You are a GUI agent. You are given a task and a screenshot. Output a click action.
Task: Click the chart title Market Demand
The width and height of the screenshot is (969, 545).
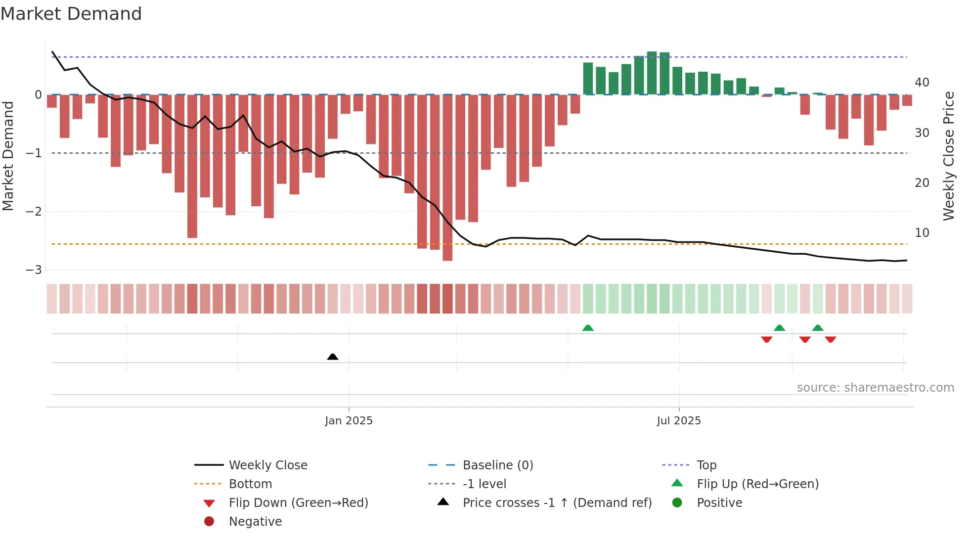(71, 14)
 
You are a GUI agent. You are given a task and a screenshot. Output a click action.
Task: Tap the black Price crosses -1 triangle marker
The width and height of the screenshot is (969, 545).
(333, 357)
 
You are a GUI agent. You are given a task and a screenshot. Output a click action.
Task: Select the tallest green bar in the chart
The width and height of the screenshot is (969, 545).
(652, 73)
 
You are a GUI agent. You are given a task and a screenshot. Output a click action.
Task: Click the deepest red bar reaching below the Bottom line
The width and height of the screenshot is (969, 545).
(447, 178)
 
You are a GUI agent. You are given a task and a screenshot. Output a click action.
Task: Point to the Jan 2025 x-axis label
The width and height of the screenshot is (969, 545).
(349, 421)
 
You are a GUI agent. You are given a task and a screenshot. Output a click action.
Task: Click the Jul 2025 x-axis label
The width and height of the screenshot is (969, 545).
(679, 421)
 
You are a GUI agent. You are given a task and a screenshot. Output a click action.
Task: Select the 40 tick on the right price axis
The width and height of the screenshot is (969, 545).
(922, 83)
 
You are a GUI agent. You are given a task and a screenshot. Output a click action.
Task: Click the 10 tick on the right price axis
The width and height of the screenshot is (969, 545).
(922, 233)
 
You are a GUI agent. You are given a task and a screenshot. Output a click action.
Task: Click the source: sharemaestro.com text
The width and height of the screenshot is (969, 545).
(875, 388)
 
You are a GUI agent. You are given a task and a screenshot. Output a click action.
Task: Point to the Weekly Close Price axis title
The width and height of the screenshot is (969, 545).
(948, 156)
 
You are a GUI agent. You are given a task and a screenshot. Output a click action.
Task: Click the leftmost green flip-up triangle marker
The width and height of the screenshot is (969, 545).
(588, 328)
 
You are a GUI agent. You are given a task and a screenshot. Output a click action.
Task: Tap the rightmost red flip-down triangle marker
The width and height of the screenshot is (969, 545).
(831, 339)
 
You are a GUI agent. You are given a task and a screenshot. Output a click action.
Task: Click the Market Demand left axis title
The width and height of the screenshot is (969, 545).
(8, 156)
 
